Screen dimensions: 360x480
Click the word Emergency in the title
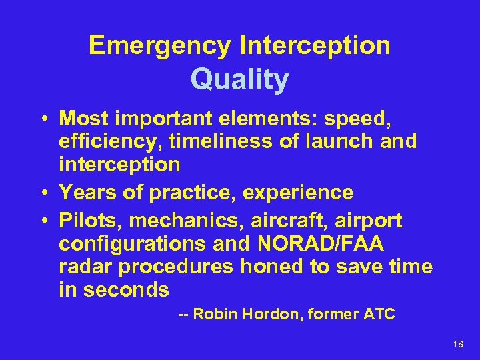point(159,46)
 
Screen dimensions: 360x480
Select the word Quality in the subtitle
point(239,80)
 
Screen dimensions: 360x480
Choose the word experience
point(298,193)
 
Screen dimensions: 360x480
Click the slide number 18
point(457,344)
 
